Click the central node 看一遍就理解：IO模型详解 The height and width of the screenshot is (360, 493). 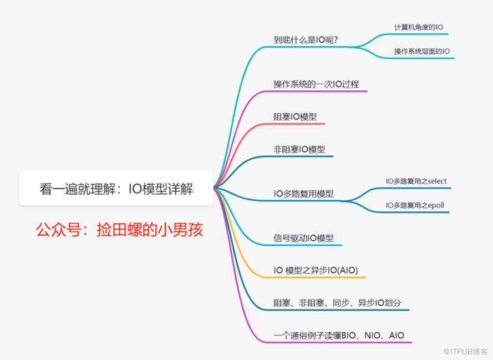coord(116,189)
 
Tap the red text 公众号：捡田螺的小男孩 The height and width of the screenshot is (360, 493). coord(119,229)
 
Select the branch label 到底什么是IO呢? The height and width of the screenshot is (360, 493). coord(306,39)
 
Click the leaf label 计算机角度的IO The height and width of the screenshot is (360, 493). coord(418,27)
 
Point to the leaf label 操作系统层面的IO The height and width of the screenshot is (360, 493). coord(422,51)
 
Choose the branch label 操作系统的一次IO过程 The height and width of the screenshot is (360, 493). coord(316,84)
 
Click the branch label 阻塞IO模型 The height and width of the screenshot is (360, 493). coord(295,117)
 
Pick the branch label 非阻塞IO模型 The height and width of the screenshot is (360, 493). coord(299,149)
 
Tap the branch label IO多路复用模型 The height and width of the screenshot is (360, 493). coord(304,194)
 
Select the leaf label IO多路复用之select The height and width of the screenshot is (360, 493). coord(416,181)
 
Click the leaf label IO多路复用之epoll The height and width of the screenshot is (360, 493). coord(415,205)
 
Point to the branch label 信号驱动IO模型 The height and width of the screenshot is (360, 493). coord(304,238)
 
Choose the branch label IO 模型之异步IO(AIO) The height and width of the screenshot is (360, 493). coord(316,270)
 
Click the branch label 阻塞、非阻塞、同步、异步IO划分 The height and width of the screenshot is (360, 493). coord(337,303)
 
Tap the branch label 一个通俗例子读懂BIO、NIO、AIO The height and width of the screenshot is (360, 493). coord(339,335)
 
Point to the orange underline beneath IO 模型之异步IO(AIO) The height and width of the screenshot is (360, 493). coord(316,277)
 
